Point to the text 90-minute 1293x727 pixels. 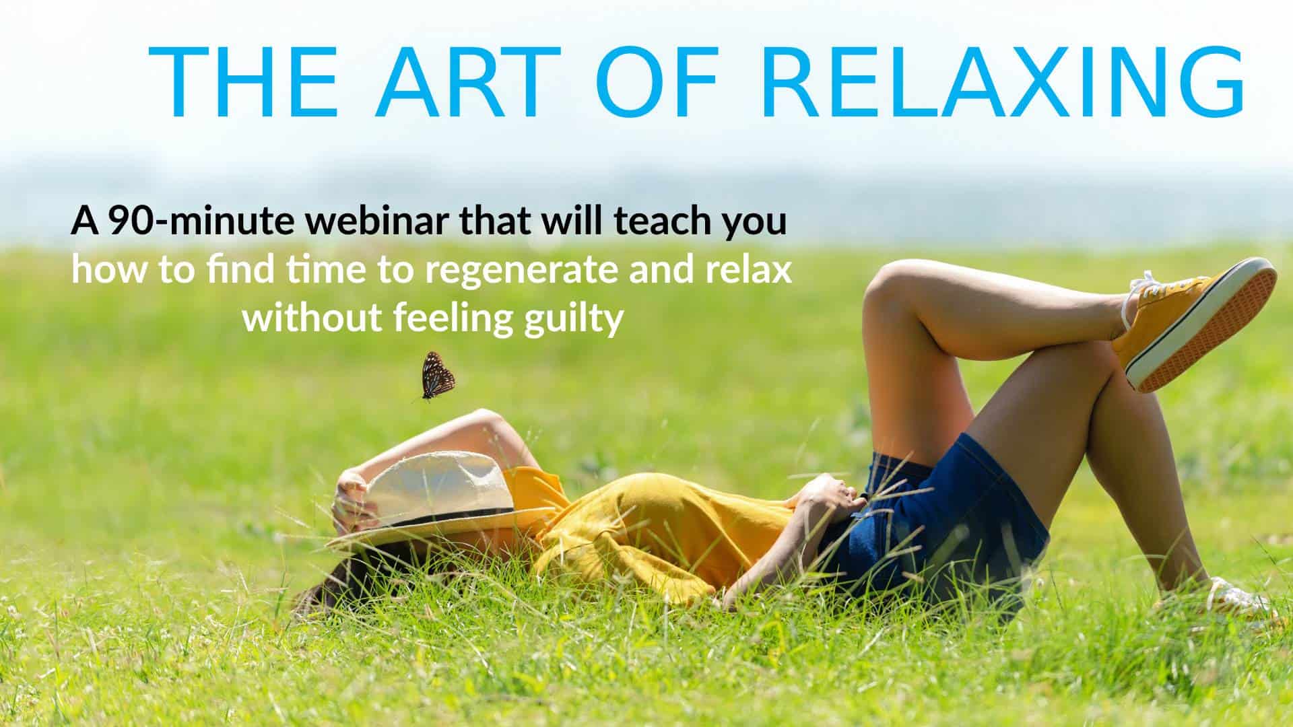click(x=201, y=222)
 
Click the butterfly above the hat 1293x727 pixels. click(x=436, y=376)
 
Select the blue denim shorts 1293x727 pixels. click(x=943, y=518)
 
